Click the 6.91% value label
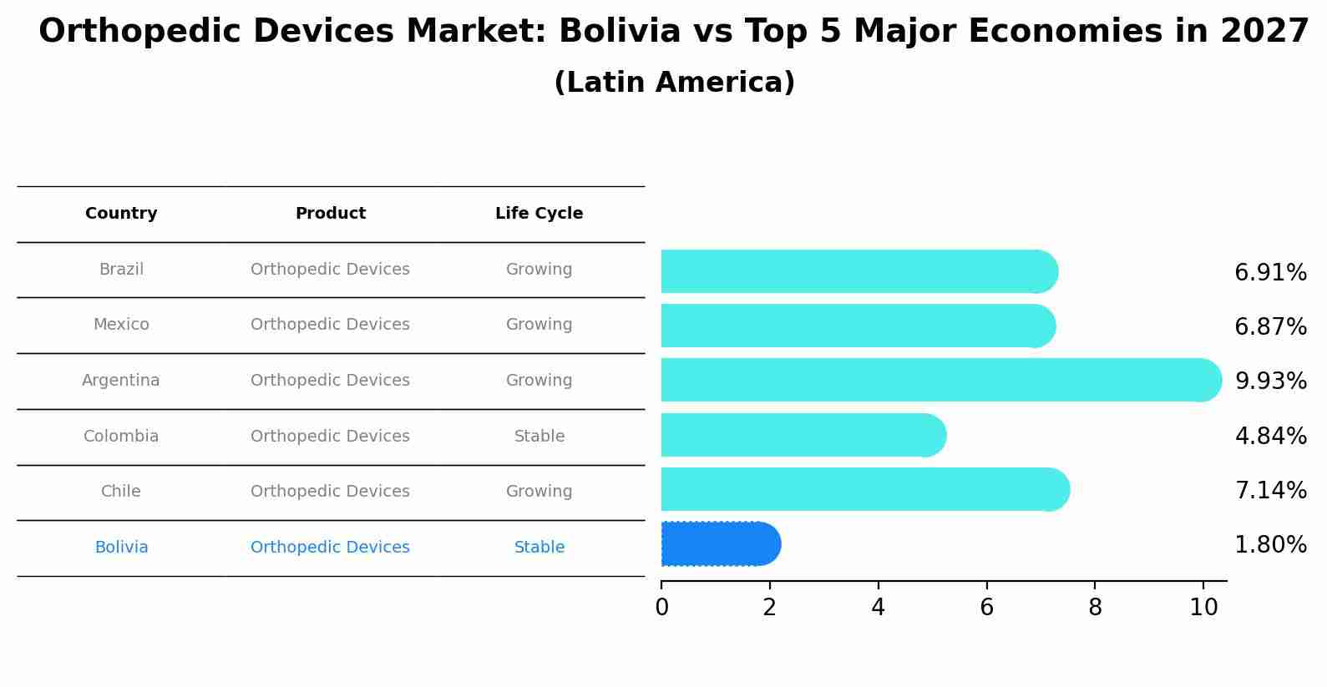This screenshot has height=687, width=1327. tap(1270, 273)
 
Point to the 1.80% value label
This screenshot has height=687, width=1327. tap(1270, 545)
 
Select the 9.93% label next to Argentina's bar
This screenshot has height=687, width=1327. tap(1270, 381)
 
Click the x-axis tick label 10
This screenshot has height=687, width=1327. tap(1203, 608)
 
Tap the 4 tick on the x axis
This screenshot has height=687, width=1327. tap(878, 608)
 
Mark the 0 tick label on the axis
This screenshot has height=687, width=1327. tap(661, 608)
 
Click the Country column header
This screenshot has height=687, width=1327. tap(121, 214)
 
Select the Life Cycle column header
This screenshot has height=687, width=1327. tap(539, 214)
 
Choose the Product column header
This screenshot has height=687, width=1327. tap(330, 214)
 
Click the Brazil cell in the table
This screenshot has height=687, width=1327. tap(121, 270)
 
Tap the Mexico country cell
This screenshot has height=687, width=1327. tap(121, 325)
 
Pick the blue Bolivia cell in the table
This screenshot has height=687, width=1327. tap(121, 548)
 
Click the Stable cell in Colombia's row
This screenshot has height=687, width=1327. tap(539, 437)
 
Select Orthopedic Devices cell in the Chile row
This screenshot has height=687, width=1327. tap(330, 492)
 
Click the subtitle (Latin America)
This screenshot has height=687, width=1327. tap(674, 83)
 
